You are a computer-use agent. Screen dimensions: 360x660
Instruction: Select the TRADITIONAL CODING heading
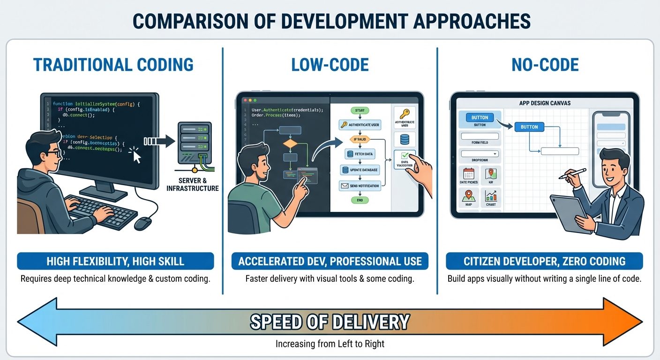tap(114, 64)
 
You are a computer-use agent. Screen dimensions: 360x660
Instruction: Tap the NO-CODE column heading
tap(545, 64)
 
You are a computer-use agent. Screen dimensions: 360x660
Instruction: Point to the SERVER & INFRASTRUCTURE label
tap(193, 185)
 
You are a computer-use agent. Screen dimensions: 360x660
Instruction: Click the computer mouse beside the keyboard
tap(142, 223)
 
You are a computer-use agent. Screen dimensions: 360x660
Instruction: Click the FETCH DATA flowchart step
tap(360, 154)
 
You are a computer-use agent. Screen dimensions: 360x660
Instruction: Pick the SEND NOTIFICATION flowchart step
tap(360, 186)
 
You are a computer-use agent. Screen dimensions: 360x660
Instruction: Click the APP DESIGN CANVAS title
tap(545, 103)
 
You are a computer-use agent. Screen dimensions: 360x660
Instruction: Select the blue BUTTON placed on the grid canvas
tap(529, 127)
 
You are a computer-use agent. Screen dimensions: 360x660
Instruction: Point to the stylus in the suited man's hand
tap(573, 173)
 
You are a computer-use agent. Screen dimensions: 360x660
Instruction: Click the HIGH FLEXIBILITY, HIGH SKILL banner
tap(115, 261)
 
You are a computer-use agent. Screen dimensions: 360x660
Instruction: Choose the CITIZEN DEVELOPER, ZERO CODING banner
tap(544, 261)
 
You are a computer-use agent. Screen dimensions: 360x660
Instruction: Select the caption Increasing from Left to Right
tap(330, 344)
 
